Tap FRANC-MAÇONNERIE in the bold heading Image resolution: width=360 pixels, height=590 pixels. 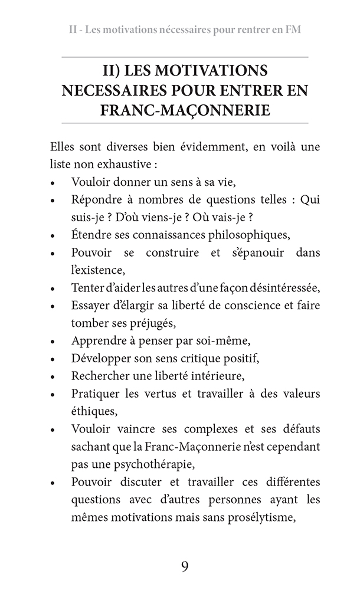click(185, 110)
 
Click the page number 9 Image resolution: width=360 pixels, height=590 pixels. click(185, 566)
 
